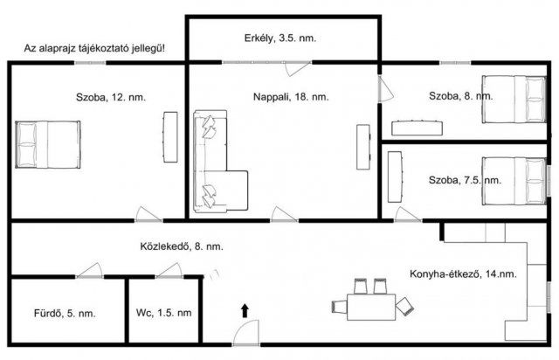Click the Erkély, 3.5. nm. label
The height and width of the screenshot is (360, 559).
(280, 38)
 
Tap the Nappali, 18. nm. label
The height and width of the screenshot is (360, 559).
(291, 97)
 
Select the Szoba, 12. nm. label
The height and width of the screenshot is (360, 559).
(111, 97)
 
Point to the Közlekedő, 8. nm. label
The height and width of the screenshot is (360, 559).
(182, 246)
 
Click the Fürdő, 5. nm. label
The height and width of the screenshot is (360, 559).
(65, 314)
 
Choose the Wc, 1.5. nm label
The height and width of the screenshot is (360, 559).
(163, 313)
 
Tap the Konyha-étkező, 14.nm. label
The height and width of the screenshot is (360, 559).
(463, 274)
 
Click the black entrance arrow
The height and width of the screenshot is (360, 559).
(245, 311)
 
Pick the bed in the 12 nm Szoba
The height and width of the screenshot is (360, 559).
(48, 144)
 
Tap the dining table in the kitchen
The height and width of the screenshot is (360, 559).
(371, 307)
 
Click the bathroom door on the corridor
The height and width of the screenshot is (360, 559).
(89, 271)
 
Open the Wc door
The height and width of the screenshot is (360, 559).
(169, 271)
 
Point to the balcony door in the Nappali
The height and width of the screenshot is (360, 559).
(298, 68)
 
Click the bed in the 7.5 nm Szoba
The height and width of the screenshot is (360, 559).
(514, 181)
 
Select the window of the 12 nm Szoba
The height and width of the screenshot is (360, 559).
(90, 63)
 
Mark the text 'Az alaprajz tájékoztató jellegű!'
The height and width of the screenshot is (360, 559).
(94, 49)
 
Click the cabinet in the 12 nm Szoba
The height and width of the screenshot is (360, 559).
(170, 137)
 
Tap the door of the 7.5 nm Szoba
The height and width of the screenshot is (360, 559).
(408, 215)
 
